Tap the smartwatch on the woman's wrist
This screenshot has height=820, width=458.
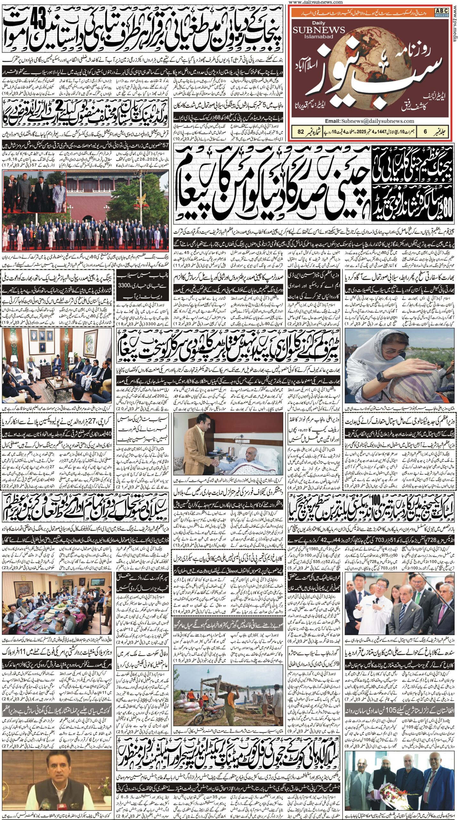pyautogui.click(x=381, y=376)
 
